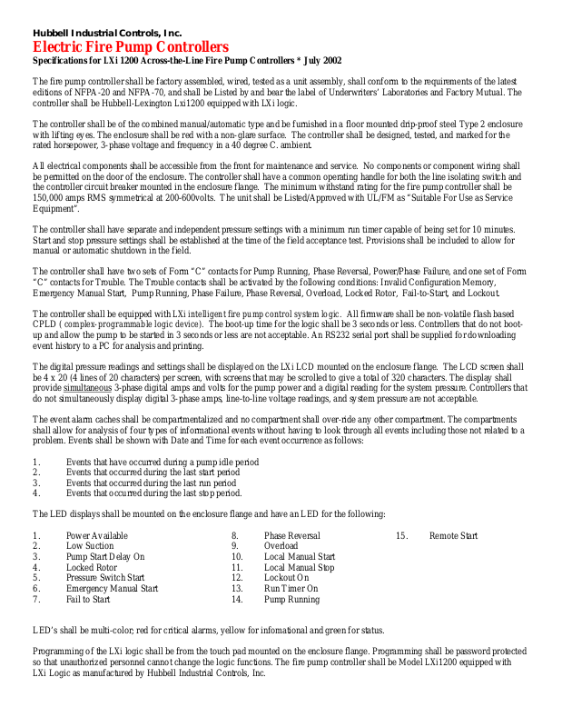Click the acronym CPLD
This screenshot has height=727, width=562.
[44, 324]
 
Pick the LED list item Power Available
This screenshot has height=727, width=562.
[96, 536]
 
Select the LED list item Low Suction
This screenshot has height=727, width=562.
[90, 546]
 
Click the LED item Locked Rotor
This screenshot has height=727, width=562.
[92, 568]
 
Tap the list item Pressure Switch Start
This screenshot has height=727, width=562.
[104, 578]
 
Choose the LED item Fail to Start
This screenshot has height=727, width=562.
[88, 600]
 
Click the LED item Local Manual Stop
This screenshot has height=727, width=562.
[299, 568]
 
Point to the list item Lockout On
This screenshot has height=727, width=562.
[286, 578]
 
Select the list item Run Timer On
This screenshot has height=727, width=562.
[291, 589]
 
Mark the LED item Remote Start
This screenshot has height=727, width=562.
[453, 536]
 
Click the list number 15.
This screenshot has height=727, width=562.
[400, 536]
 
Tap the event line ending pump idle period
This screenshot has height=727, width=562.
[162, 463]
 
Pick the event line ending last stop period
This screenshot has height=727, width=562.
[153, 494]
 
